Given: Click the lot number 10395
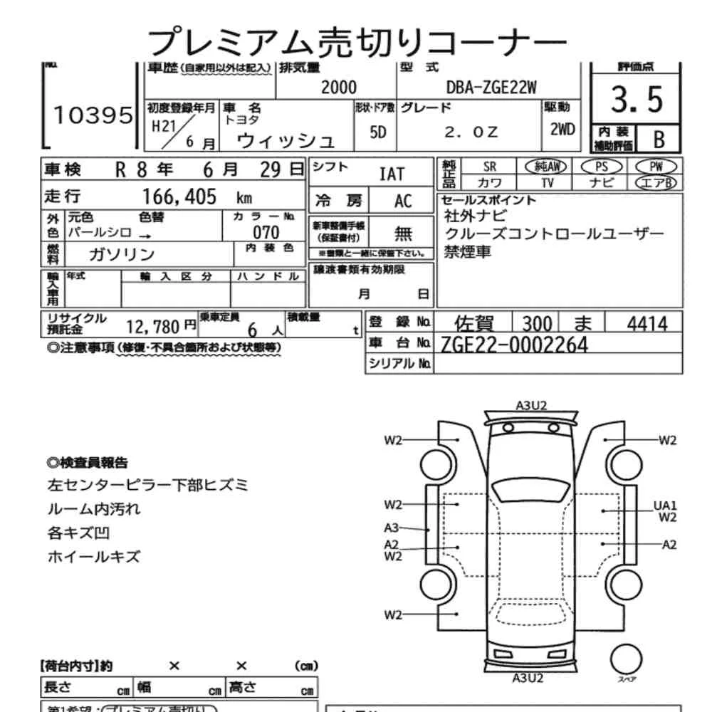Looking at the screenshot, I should point(93,115).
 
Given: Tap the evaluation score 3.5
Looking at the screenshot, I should point(637,100).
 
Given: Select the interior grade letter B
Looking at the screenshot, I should point(659,139).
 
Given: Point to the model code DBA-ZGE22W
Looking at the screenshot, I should point(481,88).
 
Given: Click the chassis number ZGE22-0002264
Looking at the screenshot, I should point(514,345).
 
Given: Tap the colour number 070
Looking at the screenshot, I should point(266,233).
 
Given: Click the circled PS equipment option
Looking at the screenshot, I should point(602,166).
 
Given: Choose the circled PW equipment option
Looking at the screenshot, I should point(656,166).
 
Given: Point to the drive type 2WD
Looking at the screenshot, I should point(562,130).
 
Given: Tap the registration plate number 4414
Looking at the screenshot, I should point(646,325).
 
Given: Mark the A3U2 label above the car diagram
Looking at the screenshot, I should point(531,406).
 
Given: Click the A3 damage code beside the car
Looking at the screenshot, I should point(392,528).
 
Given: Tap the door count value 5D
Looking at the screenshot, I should point(379,132).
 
